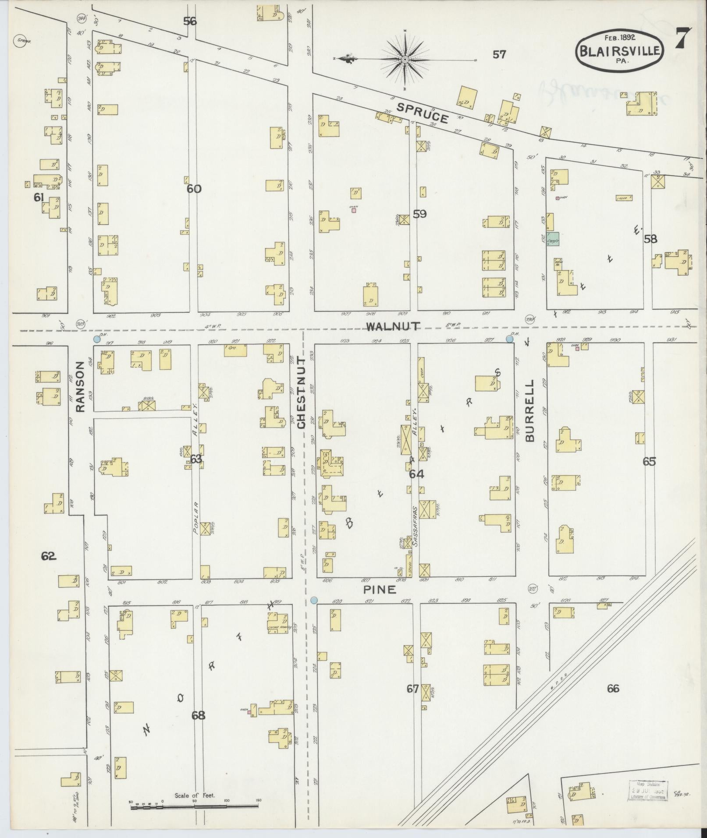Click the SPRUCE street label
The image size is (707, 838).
click(x=423, y=113)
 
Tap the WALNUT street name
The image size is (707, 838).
click(x=393, y=326)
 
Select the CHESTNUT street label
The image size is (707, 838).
click(x=301, y=392)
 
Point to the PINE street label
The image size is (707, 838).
click(x=380, y=590)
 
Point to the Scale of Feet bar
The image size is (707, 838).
click(x=194, y=499)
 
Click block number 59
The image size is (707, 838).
click(x=419, y=214)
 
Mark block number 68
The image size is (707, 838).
click(x=198, y=715)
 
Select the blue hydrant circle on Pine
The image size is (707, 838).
click(x=314, y=600)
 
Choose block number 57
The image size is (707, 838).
click(x=499, y=54)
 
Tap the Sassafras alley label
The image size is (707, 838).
click(x=414, y=521)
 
